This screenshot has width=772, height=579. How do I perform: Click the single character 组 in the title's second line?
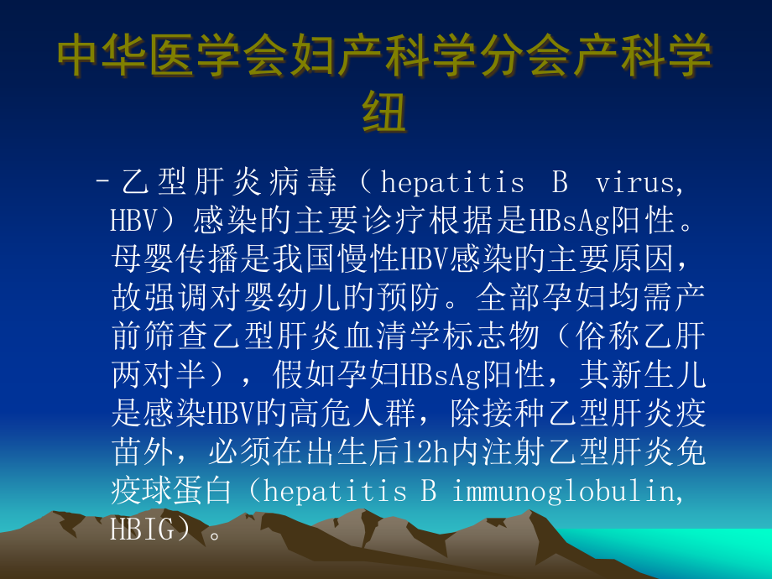pos(384,112)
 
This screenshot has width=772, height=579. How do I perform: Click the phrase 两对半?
pos(151,375)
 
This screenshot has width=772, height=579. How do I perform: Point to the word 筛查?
pos(190,336)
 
